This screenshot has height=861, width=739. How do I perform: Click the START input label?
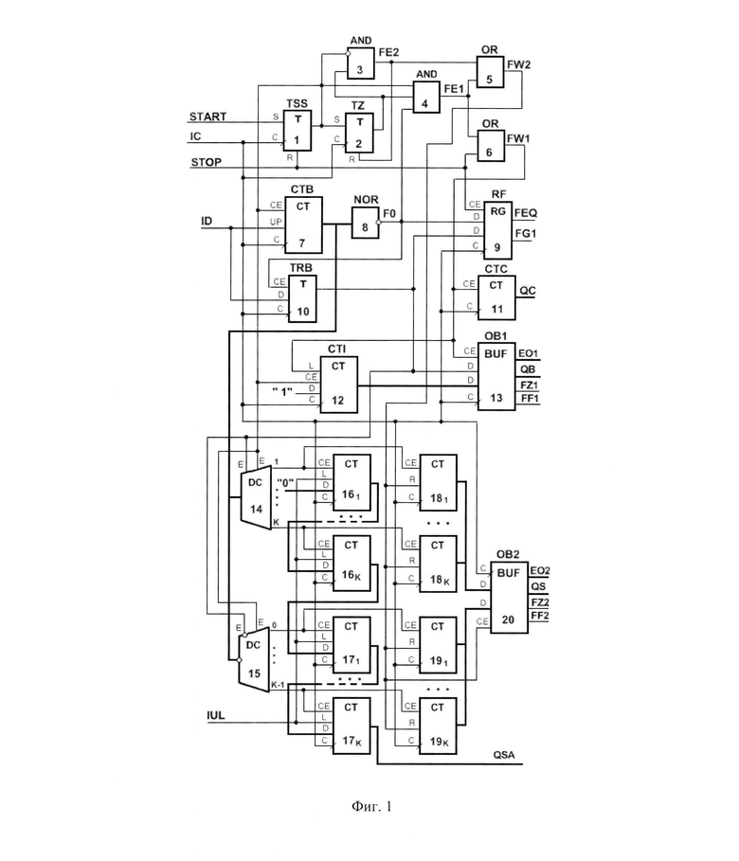pyautogui.click(x=207, y=117)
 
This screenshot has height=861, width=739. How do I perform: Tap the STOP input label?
pyautogui.click(x=206, y=162)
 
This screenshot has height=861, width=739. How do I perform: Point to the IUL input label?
pyautogui.click(x=215, y=715)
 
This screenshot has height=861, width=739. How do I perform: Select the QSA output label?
pyautogui.click(x=504, y=755)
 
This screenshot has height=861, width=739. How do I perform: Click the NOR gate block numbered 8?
pyautogui.click(x=366, y=223)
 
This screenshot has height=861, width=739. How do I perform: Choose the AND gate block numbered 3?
pyautogui.click(x=360, y=64)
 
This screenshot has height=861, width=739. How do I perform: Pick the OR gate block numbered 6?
pyautogui.click(x=490, y=147)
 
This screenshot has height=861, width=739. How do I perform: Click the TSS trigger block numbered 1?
pyautogui.click(x=297, y=131)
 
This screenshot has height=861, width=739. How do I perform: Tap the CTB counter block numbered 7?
pyautogui.click(x=303, y=225)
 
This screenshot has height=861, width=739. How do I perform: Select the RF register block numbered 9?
pyautogui.click(x=497, y=230)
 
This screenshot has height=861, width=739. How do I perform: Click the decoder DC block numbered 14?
pyautogui.click(x=256, y=495)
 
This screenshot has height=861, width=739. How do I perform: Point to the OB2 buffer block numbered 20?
pyautogui.click(x=509, y=598)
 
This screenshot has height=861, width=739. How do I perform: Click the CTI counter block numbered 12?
pyautogui.click(x=339, y=385)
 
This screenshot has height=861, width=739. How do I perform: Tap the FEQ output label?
pyautogui.click(x=526, y=213)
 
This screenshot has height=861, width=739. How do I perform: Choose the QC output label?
pyautogui.click(x=528, y=291)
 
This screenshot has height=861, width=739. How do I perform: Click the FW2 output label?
pyautogui.click(x=518, y=64)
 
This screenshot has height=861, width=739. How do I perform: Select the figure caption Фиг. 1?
pyautogui.click(x=371, y=806)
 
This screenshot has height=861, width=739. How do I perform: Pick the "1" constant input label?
pyautogui.click(x=282, y=392)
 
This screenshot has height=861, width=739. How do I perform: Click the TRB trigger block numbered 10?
pyautogui.click(x=303, y=298)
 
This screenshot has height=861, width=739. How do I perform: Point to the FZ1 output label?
pyautogui.click(x=530, y=385)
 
